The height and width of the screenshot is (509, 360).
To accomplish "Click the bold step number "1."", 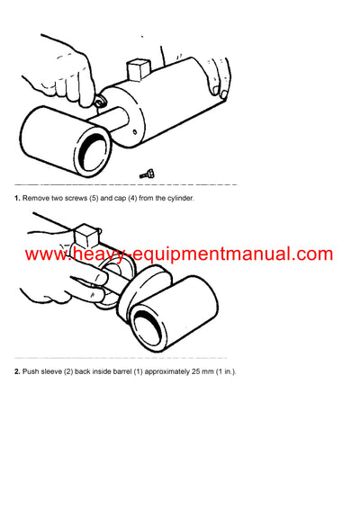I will [x=17, y=196].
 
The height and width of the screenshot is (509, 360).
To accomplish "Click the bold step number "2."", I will [x=17, y=371].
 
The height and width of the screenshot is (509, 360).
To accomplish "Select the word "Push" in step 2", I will [x=33, y=371].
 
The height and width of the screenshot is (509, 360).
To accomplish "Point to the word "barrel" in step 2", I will [x=131, y=371].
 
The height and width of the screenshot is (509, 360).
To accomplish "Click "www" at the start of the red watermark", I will [x=44, y=254].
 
